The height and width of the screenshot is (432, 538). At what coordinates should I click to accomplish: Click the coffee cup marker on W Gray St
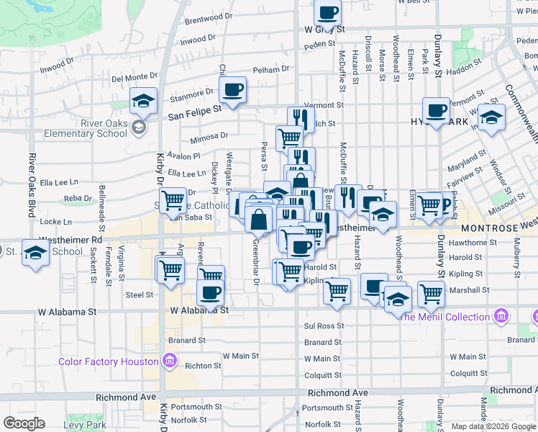click(328, 13)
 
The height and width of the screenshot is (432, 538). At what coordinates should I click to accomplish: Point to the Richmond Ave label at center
click(337, 393)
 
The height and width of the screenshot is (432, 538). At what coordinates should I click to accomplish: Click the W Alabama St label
click(199, 311)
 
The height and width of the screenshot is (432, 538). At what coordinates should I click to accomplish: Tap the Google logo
click(24, 423)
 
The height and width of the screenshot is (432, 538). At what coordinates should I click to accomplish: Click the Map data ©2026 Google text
click(493, 426)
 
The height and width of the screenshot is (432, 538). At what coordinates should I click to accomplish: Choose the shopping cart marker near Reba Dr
click(173, 201)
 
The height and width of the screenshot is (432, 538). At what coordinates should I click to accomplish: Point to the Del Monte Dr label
click(134, 77)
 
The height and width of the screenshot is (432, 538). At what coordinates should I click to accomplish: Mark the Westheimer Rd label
click(72, 239)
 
